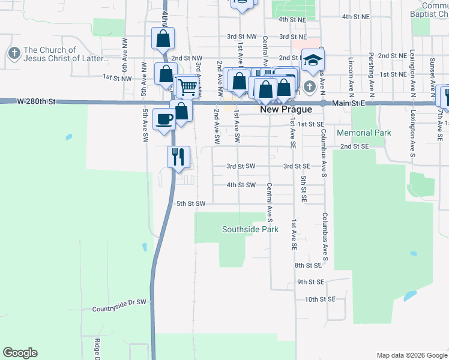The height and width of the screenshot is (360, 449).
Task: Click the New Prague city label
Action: coord(286,110)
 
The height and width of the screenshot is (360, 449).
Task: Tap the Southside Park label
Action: coord(250,229)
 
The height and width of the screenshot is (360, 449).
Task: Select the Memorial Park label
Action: coord(364,133)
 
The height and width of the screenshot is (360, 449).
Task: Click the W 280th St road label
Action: coord(36,102)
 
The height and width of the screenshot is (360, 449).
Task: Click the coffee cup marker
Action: coord(164,119)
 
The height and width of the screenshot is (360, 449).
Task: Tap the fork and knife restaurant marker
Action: coord(178,157)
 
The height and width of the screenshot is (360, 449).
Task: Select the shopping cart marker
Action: coord(188,88)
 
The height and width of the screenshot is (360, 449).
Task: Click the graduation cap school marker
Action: coord(313,60)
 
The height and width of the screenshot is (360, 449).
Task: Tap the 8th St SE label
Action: coord(309,265)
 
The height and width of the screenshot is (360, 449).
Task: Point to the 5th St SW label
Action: coord(191,204)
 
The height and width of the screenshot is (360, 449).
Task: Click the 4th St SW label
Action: coord(241,185)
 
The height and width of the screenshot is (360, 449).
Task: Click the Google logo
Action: coord(20,353)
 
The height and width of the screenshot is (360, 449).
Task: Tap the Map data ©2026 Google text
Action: coord(411,355)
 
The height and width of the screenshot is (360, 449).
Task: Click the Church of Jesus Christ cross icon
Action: coord(13,54)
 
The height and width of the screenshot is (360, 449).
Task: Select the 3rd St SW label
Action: coord(241,166)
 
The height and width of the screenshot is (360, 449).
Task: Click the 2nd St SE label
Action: coord(354,146)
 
